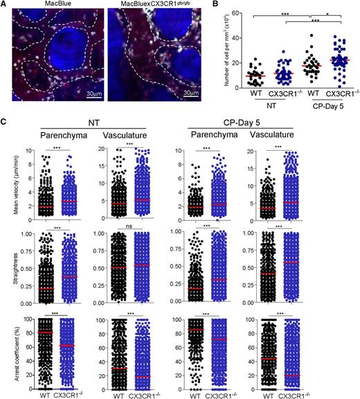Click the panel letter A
coord(6,6)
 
